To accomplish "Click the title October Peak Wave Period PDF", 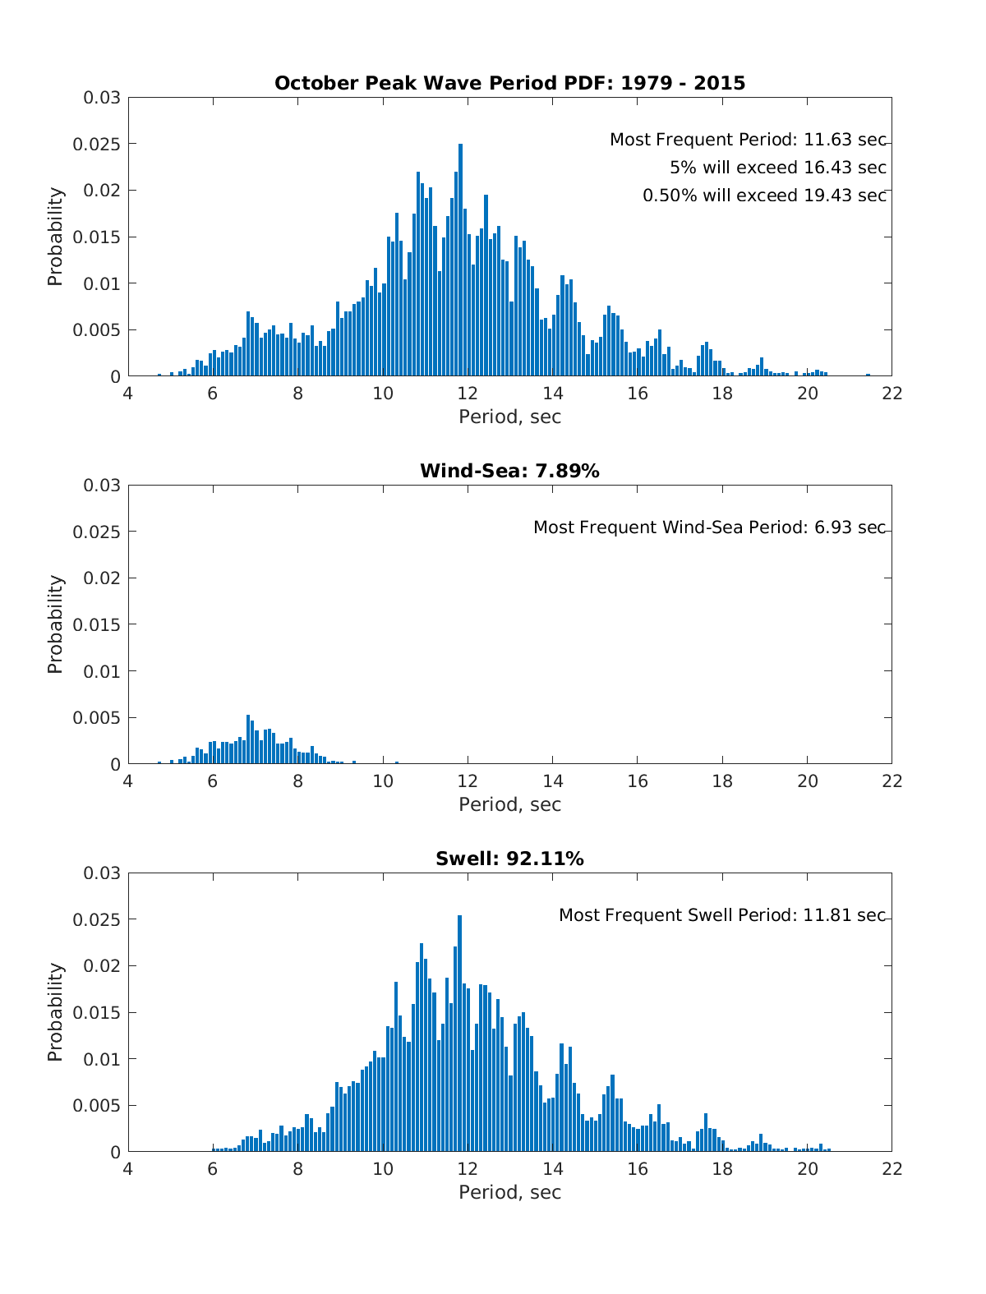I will (x=509, y=83).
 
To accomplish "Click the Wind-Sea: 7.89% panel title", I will (x=509, y=471).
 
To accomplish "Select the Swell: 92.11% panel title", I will (x=509, y=859).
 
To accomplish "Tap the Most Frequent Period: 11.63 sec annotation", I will (x=748, y=140).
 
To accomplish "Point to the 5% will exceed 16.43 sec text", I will (x=777, y=168).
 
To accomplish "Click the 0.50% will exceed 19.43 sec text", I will (x=764, y=196).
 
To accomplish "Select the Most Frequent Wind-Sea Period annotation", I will (x=709, y=527).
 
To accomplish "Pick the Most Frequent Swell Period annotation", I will (x=722, y=915).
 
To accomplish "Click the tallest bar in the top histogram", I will (x=460, y=263).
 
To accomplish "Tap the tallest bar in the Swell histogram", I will (x=460, y=1035).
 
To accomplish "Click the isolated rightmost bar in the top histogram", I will (x=868, y=375).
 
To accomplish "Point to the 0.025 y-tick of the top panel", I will (x=103, y=145).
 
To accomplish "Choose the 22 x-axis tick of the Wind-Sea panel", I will (x=892, y=781).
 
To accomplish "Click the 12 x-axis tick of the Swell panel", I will (x=468, y=1169).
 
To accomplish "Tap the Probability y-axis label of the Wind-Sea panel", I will (x=55, y=624).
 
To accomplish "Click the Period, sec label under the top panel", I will (x=509, y=417).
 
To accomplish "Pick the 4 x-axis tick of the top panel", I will (x=127, y=394).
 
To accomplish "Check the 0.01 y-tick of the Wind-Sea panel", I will (x=105, y=671).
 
